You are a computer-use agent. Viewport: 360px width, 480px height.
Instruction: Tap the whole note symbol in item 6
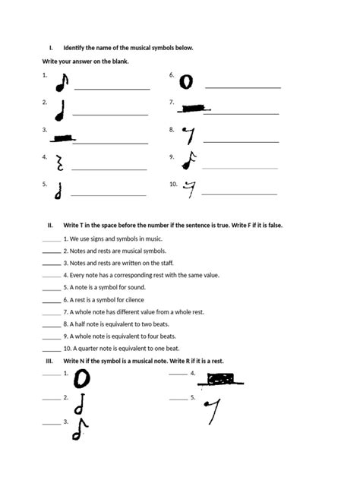coord(187,81)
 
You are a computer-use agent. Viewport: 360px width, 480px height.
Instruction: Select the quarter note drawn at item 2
coord(61,111)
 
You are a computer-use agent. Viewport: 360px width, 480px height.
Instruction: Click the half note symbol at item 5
coord(58,191)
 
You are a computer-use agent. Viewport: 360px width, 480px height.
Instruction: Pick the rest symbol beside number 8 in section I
coord(190,136)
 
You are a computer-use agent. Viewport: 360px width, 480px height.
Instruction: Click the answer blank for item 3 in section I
coord(111,142)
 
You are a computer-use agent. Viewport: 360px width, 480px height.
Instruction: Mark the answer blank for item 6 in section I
coord(243,88)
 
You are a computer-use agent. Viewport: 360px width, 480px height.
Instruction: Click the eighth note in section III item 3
coord(79,429)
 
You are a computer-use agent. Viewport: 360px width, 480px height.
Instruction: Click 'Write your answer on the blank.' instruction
coord(85,61)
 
